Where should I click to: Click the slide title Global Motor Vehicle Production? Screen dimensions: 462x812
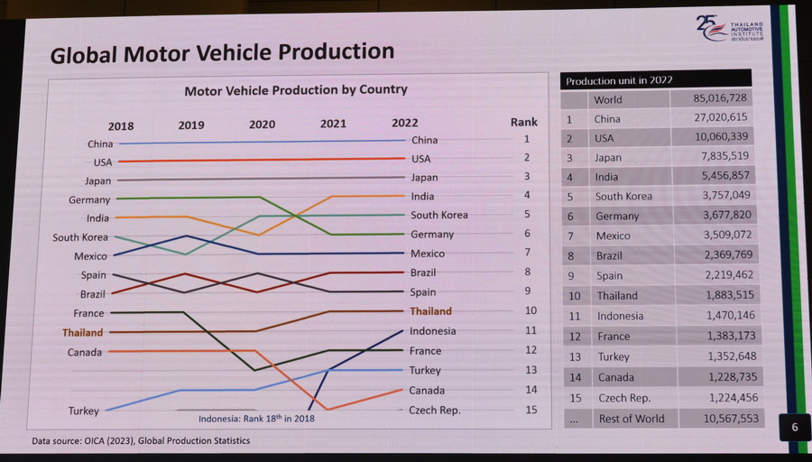tap(222, 52)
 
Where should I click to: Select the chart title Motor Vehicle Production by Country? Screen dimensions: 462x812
tap(296, 90)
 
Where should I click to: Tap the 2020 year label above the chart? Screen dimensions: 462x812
tap(262, 125)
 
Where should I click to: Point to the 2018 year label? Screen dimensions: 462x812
tap(121, 126)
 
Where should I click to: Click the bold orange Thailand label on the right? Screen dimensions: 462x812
tap(431, 311)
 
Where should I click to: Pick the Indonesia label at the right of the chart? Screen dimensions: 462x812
tap(433, 331)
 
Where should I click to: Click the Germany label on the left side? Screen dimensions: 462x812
tap(89, 200)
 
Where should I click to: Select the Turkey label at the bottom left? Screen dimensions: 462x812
tap(84, 411)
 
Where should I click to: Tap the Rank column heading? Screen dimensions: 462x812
tap(524, 123)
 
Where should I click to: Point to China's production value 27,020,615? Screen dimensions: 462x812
tap(710, 118)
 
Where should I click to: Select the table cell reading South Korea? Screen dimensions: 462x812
tap(623, 197)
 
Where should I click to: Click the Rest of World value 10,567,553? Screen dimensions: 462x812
tap(717, 419)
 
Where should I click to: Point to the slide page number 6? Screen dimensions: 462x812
tap(794, 428)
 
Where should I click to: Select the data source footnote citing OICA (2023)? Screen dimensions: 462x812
tap(141, 441)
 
